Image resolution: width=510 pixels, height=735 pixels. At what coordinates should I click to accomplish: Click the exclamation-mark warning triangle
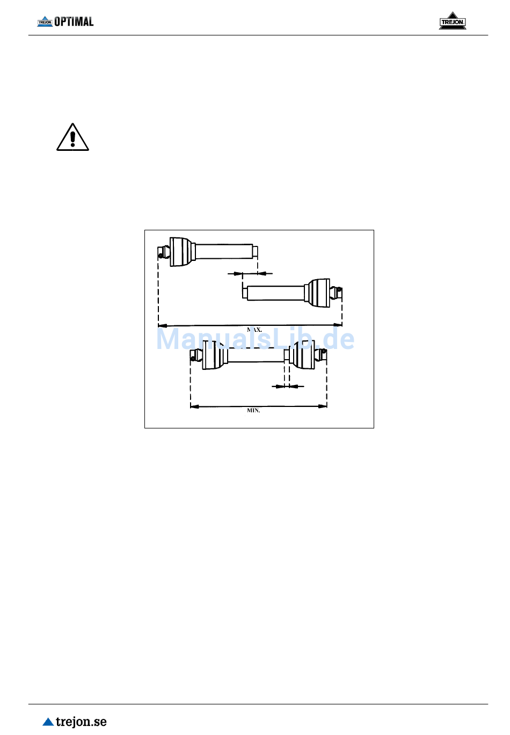tap(72, 137)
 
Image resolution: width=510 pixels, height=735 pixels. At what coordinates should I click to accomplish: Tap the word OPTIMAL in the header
tap(74, 21)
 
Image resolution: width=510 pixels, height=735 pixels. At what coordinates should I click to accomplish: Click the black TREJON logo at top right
tap(453, 21)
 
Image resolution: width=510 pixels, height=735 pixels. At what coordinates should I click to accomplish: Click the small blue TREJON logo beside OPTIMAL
tap(45, 21)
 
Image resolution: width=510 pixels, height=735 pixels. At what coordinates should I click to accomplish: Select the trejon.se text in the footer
tap(81, 722)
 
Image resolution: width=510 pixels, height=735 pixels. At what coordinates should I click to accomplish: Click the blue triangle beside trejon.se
tap(48, 722)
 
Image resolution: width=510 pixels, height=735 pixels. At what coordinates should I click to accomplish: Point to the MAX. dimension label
tap(254, 330)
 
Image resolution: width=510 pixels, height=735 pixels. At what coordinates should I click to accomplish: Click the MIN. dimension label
tap(253, 410)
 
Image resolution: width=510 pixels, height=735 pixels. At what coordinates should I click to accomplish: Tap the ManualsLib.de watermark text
tap(256, 339)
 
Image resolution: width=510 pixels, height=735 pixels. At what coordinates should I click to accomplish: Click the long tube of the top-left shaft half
tap(224, 252)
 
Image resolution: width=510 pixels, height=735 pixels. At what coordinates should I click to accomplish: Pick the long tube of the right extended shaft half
tap(275, 293)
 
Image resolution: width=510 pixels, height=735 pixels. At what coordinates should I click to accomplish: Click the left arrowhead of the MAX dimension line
tap(162, 326)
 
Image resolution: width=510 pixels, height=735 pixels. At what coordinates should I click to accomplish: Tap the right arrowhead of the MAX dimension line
tap(338, 325)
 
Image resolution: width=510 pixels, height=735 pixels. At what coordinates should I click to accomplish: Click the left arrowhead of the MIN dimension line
tap(195, 406)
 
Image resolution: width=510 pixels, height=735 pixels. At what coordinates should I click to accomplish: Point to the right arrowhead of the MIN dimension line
tap(323, 406)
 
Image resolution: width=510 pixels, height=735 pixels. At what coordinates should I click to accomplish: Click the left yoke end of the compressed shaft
tap(196, 355)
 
